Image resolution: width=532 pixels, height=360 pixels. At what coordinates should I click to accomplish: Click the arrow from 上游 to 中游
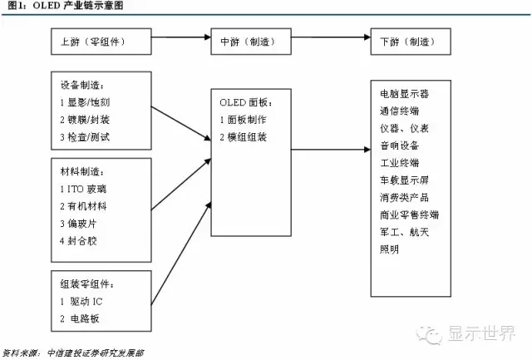pos(181,37)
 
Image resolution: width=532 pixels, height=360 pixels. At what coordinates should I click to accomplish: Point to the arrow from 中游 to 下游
pos(331,37)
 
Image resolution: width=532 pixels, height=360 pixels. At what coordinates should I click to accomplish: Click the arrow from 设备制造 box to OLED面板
pos(181,124)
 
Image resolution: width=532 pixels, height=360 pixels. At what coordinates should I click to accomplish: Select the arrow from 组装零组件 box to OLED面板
pos(181,254)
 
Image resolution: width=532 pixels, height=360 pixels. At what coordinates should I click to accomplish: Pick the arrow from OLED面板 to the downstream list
pos(331,150)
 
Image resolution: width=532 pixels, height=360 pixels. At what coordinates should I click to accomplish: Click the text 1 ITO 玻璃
pos(83,189)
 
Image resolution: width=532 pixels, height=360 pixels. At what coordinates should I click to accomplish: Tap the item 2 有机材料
pos(83,206)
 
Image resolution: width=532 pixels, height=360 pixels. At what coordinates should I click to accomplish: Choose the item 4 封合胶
pos(78,241)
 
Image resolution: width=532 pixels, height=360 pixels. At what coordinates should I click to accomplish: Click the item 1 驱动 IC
pos(81,301)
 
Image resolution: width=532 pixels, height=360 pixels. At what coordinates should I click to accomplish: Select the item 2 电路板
pos(80,318)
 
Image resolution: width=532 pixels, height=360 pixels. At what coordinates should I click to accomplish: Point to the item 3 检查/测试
pos(85,137)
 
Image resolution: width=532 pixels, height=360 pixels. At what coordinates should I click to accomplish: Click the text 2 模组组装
pos(243,137)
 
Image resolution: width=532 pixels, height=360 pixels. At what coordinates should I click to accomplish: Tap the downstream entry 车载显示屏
pos(404,180)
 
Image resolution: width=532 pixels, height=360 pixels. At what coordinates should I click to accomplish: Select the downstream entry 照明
pos(389,249)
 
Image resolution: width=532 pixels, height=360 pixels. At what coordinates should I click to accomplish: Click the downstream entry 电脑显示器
pos(404,94)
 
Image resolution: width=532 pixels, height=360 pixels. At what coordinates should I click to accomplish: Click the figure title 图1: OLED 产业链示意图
pos(65,6)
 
